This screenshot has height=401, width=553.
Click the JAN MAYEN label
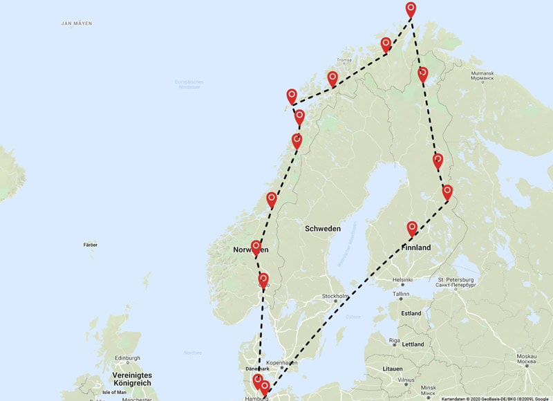click(77, 24)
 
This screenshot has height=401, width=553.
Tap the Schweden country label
click(322, 228)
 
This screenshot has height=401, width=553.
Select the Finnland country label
click(415, 248)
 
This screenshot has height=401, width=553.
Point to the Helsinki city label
click(403, 280)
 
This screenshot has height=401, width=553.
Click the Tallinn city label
click(402, 294)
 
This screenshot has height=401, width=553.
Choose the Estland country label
click(411, 313)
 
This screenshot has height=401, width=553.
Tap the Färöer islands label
click(90, 245)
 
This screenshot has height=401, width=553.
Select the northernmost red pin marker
click(411, 10)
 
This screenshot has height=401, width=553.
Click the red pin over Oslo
click(263, 280)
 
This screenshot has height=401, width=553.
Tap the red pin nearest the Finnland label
click(412, 227)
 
